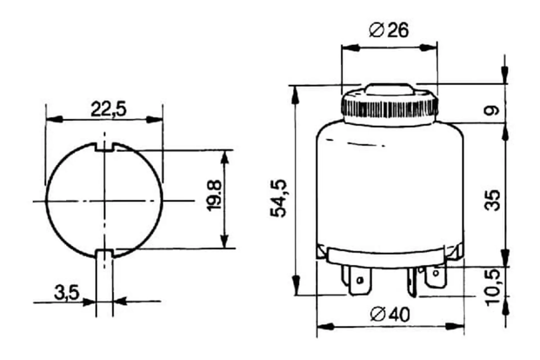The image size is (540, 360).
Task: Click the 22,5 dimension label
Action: point(109,109)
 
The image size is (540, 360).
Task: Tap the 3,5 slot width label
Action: point(67,293)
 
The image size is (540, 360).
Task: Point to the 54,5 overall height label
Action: point(278,198)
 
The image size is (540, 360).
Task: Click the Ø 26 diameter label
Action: point(389,30)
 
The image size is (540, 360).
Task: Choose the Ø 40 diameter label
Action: point(390,314)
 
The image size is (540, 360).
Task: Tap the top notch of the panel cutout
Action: point(104,147)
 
